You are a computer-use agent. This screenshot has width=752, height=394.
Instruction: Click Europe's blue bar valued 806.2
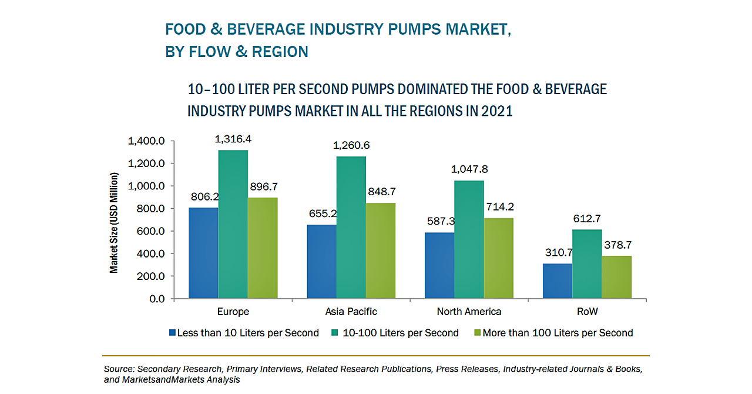click(x=203, y=253)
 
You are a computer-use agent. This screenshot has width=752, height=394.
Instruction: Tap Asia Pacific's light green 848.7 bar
click(x=381, y=251)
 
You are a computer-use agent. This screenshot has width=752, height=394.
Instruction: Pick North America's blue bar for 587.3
click(x=439, y=265)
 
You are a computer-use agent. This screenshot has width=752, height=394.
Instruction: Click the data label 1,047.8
click(x=469, y=169)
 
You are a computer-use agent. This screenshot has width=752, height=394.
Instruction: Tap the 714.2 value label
click(x=499, y=206)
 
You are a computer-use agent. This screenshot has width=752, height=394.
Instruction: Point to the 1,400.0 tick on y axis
click(x=147, y=141)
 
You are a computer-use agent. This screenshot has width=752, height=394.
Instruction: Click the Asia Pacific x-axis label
click(x=351, y=311)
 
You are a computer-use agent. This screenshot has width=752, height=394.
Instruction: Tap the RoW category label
click(x=587, y=311)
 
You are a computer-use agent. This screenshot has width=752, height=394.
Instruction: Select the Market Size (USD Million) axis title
click(x=114, y=223)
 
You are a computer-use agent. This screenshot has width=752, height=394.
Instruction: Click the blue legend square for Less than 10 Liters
click(x=172, y=333)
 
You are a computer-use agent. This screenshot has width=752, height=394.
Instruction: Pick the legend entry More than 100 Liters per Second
click(x=558, y=333)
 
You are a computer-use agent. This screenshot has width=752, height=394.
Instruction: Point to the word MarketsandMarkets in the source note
click(x=160, y=380)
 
